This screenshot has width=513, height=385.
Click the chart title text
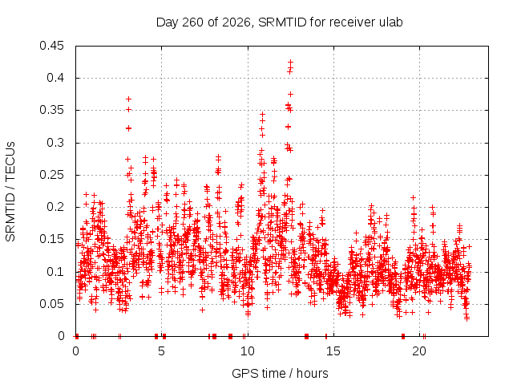tap(280, 22)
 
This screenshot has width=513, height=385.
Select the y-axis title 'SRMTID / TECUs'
tap(10, 192)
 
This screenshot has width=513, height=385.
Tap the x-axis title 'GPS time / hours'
tap(280, 373)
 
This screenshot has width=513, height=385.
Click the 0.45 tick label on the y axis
tap(51, 46)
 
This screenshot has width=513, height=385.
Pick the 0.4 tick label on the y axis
tap(55, 78)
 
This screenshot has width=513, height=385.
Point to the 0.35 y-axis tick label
tap(51, 110)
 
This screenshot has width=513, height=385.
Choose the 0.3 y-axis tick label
tap(55, 143)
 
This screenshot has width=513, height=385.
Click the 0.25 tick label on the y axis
tap(51, 175)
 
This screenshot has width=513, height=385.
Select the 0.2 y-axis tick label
tap(55, 207)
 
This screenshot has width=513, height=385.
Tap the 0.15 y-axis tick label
tap(51, 239)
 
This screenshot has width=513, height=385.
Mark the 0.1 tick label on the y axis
tap(55, 271)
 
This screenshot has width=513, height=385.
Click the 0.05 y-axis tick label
tap(51, 304)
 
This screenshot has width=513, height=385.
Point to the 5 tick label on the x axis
tap(161, 351)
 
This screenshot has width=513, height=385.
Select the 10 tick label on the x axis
tap(248, 351)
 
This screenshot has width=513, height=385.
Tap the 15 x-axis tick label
tap(333, 351)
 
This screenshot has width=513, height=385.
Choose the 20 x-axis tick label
tap(419, 351)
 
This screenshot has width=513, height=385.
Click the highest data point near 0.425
tap(290, 62)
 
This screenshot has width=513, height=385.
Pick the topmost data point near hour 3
tap(128, 99)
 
